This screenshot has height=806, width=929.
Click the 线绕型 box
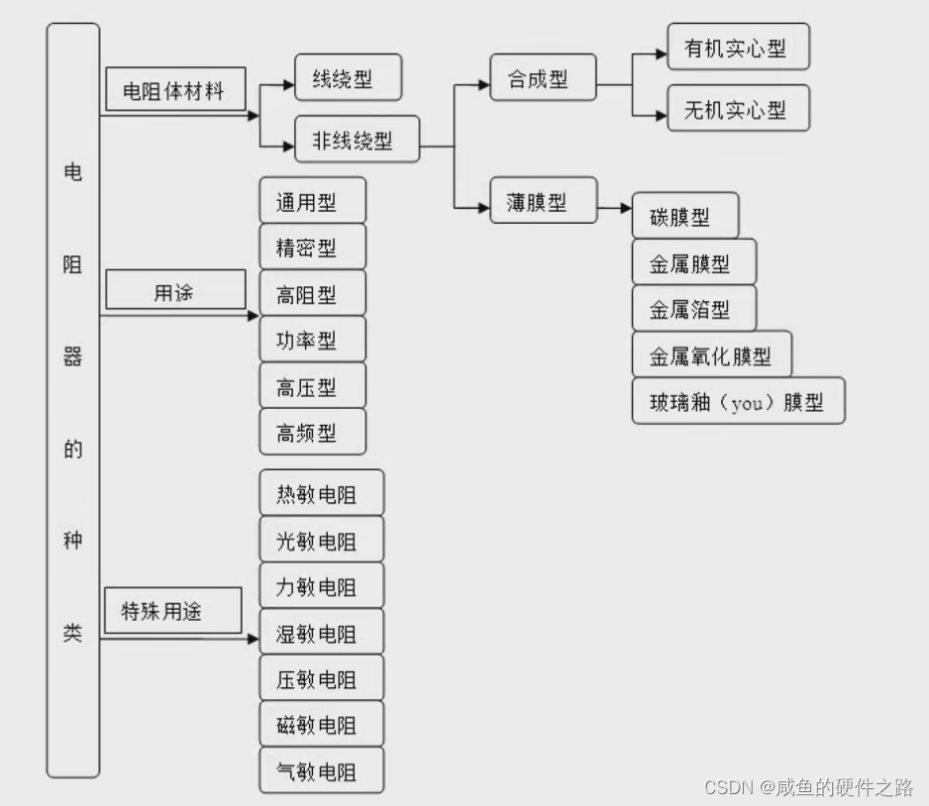(x=349, y=78)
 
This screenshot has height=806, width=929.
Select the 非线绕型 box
(x=357, y=140)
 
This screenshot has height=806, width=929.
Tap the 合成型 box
(x=544, y=78)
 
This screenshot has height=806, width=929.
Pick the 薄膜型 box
(x=544, y=201)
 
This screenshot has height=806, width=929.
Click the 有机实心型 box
(x=738, y=48)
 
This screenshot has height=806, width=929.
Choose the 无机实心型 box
(x=738, y=109)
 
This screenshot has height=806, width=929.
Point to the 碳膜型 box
(x=684, y=216)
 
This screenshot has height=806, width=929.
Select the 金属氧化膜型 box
(x=711, y=354)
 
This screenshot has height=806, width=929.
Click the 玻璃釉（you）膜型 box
(x=738, y=401)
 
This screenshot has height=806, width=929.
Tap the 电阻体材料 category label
(x=174, y=92)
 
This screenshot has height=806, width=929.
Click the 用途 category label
(x=174, y=292)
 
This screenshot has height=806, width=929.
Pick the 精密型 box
(x=312, y=248)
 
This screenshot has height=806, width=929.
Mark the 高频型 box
(x=312, y=433)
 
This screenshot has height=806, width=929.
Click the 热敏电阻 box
(x=321, y=493)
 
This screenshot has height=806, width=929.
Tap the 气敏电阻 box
(x=321, y=770)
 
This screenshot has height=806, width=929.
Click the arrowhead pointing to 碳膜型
(x=624, y=209)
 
